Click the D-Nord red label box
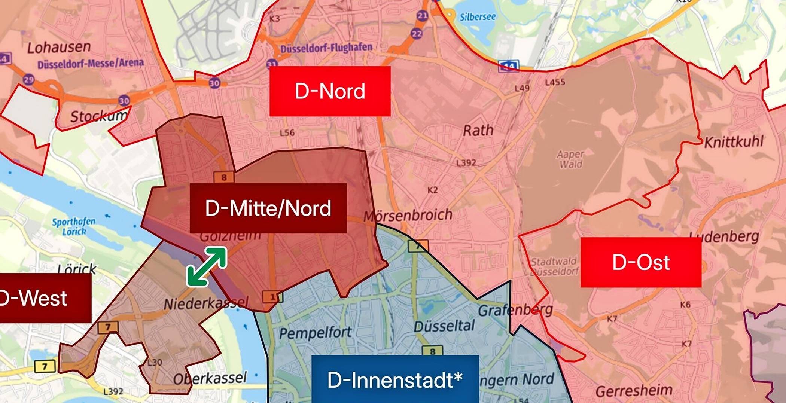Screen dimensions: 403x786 (330, 91)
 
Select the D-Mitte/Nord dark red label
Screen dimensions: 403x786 (268, 208)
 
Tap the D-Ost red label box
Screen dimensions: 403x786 (641, 262)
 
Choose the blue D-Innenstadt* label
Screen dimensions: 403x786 (395, 379)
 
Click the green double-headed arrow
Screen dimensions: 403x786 (207, 266)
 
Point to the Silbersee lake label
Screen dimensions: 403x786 (478, 17)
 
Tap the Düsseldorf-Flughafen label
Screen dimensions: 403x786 (326, 48)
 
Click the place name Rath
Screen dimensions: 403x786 (478, 131)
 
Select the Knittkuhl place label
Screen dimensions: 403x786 (734, 142)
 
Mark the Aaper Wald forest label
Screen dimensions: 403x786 (570, 159)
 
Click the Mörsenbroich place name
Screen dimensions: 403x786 (408, 216)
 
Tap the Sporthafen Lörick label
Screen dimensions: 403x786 (73, 226)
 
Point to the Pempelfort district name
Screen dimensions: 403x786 (315, 333)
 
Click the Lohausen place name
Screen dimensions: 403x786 (59, 47)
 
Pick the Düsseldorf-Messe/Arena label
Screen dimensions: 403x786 (91, 63)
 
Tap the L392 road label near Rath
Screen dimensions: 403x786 (466, 162)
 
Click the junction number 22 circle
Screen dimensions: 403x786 (417, 33)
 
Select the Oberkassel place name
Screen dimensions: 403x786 (210, 378)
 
